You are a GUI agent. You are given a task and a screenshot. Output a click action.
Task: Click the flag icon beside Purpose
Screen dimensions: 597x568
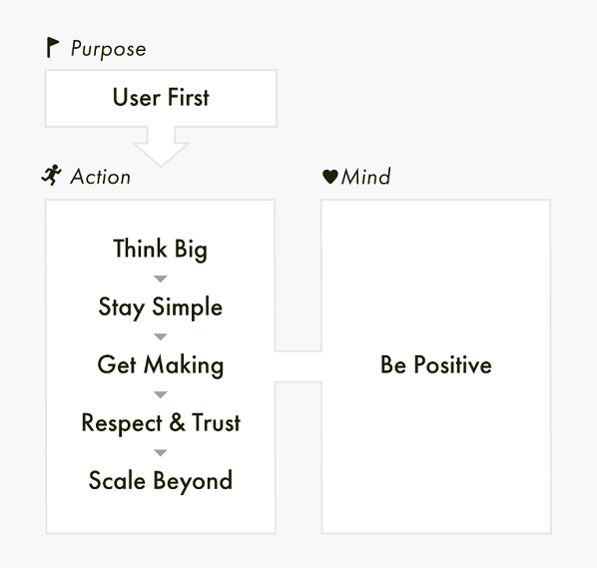coord(53,48)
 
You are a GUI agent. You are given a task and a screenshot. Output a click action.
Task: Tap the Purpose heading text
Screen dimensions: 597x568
coord(109,49)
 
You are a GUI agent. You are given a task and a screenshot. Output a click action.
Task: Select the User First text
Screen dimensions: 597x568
coord(161,98)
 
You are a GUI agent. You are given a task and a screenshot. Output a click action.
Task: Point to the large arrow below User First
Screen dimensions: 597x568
coord(161,147)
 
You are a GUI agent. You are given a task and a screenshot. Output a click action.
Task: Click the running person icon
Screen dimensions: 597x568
coord(52,175)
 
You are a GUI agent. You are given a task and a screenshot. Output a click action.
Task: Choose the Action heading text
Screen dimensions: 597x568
coord(101,177)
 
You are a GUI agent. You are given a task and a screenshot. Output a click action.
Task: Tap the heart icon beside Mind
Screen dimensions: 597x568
coord(330,177)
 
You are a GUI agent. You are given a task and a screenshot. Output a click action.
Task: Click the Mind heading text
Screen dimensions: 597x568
coord(366,177)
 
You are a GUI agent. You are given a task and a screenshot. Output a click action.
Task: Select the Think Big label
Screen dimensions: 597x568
coord(161,250)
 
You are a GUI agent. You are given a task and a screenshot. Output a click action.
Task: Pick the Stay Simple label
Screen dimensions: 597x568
coord(161,307)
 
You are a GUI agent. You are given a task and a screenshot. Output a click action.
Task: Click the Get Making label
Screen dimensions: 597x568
coord(161,365)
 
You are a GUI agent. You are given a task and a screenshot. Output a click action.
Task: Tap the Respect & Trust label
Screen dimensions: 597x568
coord(161,422)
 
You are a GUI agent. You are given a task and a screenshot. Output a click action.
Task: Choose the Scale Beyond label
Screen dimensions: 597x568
coord(161,481)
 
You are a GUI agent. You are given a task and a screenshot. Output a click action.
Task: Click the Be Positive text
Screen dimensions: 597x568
coord(436,364)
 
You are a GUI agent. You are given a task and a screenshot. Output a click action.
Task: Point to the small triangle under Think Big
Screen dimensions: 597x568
coord(161,279)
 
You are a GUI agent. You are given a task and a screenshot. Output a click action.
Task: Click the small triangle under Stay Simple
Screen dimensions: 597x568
coord(161,336)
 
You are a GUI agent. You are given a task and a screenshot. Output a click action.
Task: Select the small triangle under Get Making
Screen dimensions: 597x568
coord(161,394)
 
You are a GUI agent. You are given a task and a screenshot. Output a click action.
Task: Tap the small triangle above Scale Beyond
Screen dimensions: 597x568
coord(161,452)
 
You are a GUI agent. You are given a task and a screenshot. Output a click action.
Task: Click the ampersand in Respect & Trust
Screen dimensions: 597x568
coord(177,422)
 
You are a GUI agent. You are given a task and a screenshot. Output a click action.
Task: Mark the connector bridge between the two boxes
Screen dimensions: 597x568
coord(298,366)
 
